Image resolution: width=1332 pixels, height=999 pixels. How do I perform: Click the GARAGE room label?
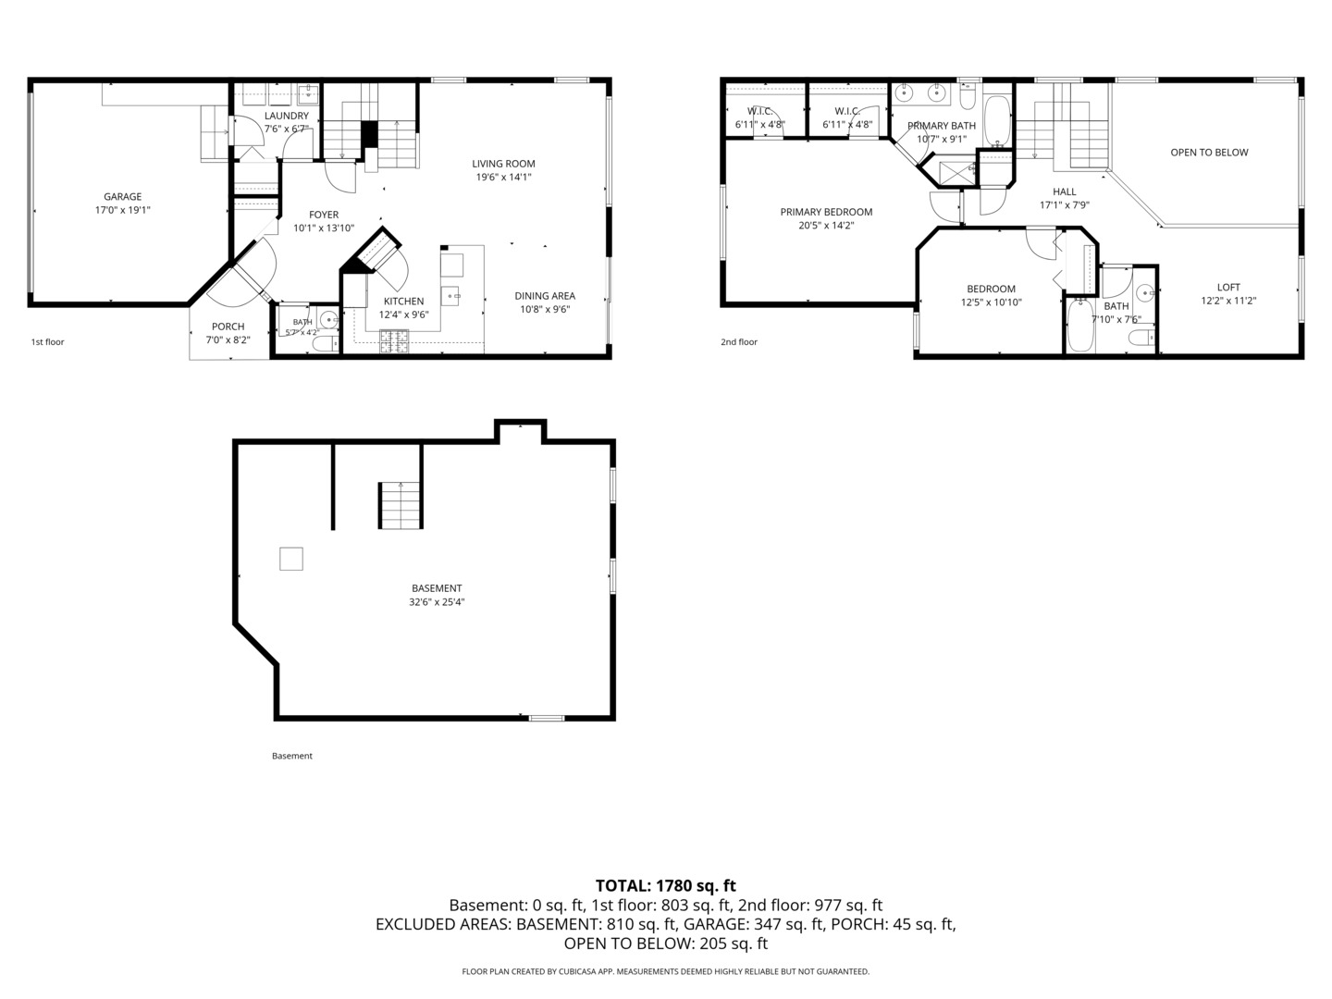(123, 196)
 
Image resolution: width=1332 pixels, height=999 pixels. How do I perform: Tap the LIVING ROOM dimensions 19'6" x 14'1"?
(504, 177)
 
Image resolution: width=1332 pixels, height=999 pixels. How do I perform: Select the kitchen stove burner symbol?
(394, 341)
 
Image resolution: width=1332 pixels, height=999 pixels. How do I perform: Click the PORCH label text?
(228, 327)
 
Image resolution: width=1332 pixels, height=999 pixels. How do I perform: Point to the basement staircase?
(400, 505)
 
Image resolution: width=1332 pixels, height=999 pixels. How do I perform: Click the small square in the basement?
(291, 559)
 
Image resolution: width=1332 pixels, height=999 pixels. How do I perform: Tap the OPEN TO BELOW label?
(1209, 153)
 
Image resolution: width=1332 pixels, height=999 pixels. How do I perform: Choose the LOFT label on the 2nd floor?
(1228, 287)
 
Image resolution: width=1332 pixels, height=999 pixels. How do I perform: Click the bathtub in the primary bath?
(996, 120)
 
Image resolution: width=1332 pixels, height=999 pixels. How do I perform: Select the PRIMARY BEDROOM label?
(827, 212)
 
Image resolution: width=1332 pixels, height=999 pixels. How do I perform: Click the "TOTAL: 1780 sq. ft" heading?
(666, 885)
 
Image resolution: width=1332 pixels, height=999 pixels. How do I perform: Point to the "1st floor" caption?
(47, 342)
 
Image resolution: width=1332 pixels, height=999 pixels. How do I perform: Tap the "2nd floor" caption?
(739, 342)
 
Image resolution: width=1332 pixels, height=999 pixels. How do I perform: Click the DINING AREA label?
(545, 295)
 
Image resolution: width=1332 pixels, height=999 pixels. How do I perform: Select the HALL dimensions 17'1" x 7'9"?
(1065, 205)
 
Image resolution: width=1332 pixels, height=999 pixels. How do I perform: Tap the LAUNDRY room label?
(287, 116)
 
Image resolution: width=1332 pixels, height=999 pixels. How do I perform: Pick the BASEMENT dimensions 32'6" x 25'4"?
(437, 601)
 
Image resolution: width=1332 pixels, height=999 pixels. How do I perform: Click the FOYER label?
(324, 215)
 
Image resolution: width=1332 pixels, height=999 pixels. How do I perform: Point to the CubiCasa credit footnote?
(666, 971)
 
